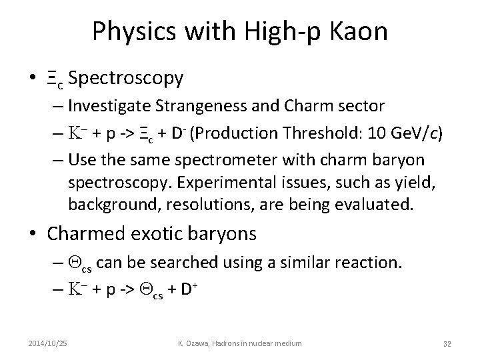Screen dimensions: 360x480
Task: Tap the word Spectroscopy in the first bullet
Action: [x=126, y=78]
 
